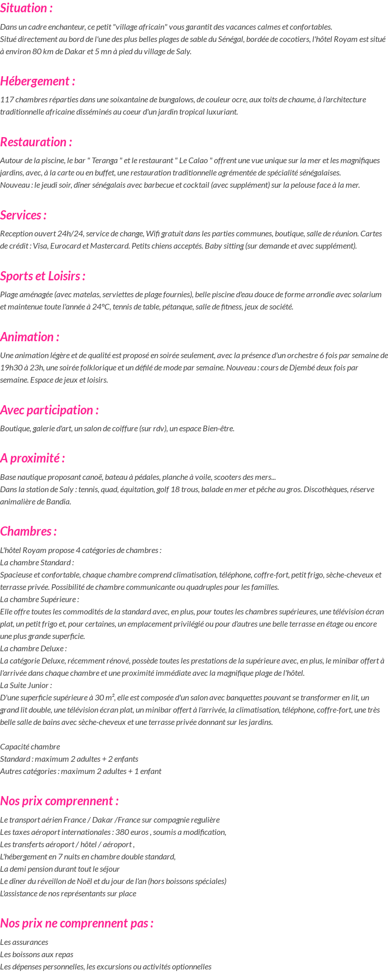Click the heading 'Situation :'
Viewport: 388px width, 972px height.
26,8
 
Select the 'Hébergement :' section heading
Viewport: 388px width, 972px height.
37,81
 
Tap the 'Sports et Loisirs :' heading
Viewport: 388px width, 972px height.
42,276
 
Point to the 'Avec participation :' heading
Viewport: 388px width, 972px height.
49,410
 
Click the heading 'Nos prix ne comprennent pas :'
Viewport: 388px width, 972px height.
77,923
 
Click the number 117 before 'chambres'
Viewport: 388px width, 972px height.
7,100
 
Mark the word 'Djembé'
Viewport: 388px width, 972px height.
303,368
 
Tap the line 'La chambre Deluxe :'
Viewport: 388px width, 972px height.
33,649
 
